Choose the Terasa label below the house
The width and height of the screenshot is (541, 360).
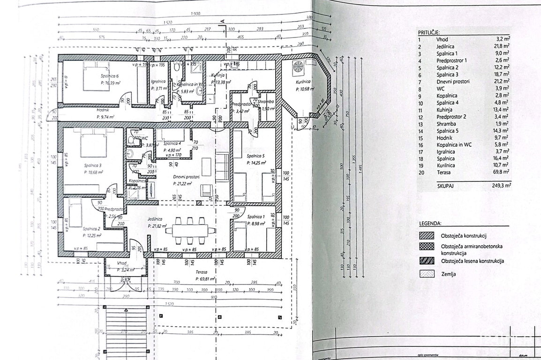coord(202,271)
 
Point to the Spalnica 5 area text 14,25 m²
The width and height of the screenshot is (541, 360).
coord(256,163)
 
